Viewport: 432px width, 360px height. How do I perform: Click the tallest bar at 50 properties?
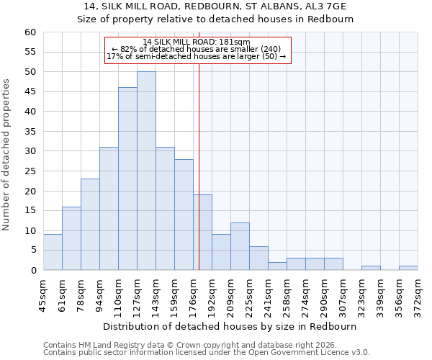click(x=146, y=171)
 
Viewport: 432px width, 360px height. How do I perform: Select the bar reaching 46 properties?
click(x=127, y=179)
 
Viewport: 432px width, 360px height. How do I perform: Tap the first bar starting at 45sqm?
click(x=53, y=252)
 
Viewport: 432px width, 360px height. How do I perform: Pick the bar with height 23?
click(x=90, y=224)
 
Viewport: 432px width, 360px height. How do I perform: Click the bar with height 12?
click(x=240, y=246)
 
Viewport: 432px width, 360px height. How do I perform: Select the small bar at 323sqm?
click(x=371, y=268)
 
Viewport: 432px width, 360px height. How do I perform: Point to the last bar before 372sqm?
click(x=408, y=268)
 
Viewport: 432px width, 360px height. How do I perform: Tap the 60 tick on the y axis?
click(x=30, y=32)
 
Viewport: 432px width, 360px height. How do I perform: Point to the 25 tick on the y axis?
click(x=30, y=171)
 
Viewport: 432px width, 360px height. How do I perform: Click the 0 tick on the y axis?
click(x=32, y=271)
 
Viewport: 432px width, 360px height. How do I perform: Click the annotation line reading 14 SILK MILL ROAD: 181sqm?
click(x=197, y=42)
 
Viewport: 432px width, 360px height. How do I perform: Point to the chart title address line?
click(x=215, y=6)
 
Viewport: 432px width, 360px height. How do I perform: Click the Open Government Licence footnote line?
click(x=207, y=352)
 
